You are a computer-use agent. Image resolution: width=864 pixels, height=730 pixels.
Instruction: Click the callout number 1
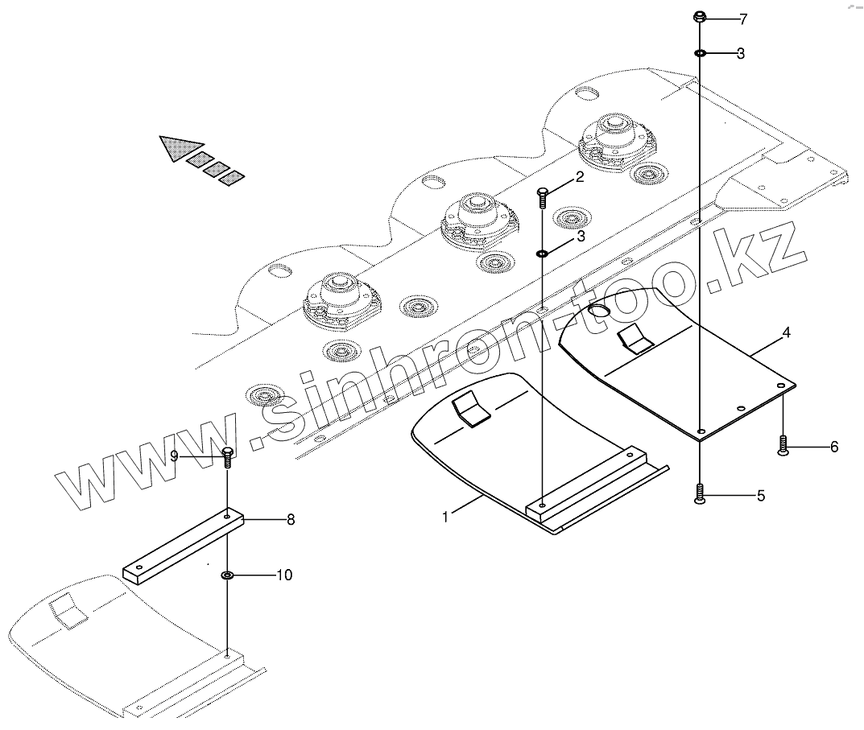445,517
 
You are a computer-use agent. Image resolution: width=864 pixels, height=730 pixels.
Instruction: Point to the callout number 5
761,496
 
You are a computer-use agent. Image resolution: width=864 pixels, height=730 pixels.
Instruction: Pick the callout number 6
833,446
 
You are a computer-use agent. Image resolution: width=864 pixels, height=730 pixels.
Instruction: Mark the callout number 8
290,520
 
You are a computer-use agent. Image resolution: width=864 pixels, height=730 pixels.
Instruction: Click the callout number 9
174,456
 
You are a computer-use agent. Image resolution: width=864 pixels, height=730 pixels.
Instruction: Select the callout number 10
284,575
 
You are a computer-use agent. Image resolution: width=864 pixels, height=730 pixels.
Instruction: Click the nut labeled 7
701,17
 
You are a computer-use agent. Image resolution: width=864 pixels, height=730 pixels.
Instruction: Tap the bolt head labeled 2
542,192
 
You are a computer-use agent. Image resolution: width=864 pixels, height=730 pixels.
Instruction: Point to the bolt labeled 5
700,493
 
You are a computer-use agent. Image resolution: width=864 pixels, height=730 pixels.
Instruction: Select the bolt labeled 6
783,446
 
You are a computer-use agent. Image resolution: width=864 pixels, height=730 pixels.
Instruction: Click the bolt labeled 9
228,456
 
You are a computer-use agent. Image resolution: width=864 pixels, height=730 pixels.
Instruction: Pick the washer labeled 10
228,575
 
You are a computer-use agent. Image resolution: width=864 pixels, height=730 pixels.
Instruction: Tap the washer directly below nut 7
701,53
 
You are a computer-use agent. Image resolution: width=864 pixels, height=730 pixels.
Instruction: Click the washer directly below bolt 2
543,254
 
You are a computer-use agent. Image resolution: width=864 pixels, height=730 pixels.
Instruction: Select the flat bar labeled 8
184,546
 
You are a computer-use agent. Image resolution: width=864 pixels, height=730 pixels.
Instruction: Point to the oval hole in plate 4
598,311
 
